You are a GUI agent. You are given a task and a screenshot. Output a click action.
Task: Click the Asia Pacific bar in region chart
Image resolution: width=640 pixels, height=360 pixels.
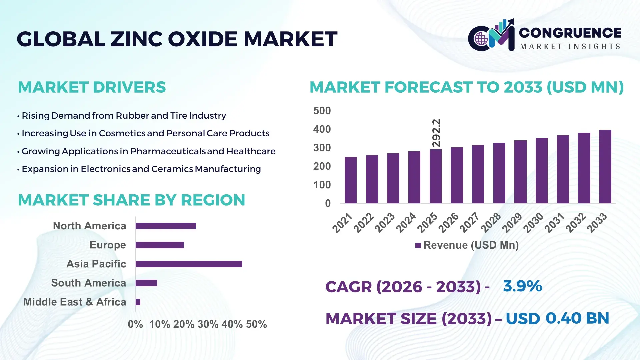(x=189, y=264)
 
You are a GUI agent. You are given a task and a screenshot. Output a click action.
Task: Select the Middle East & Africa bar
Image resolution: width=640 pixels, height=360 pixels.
(x=138, y=302)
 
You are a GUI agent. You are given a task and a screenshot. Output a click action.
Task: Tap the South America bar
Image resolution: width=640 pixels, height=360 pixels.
(x=146, y=283)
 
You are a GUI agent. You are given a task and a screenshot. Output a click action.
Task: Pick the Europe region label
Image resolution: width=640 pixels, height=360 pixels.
(x=108, y=245)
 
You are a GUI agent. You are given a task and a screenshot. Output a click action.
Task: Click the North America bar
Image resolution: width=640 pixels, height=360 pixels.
(x=166, y=226)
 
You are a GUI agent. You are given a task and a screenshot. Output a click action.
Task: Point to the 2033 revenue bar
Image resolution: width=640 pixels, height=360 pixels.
(x=605, y=167)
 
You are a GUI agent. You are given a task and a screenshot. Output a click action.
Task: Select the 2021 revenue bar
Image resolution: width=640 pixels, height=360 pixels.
(x=350, y=180)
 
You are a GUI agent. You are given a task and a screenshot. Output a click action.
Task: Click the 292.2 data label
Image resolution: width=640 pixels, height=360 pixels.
(x=436, y=133)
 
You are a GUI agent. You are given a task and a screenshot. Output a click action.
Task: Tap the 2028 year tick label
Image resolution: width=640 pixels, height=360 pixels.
(x=491, y=222)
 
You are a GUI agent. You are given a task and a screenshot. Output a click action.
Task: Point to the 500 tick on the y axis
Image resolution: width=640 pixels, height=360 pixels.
(x=322, y=111)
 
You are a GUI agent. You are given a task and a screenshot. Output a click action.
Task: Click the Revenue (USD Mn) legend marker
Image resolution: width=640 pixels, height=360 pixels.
(x=418, y=245)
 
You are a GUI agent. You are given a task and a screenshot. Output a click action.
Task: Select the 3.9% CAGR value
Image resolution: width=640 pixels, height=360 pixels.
(x=522, y=286)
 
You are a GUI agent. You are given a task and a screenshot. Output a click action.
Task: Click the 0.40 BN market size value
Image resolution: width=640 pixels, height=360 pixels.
(x=577, y=318)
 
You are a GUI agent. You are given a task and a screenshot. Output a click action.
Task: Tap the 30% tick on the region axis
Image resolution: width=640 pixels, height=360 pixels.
(x=208, y=324)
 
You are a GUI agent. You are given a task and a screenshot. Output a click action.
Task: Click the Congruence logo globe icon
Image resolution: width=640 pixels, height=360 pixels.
(x=481, y=39)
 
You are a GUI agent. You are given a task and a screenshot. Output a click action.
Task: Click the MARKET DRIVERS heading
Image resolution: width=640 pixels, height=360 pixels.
(x=92, y=87)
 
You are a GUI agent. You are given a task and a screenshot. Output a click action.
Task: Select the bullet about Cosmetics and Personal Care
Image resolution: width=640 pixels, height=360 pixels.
(x=145, y=133)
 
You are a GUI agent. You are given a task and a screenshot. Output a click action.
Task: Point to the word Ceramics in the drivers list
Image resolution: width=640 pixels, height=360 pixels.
(x=172, y=169)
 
